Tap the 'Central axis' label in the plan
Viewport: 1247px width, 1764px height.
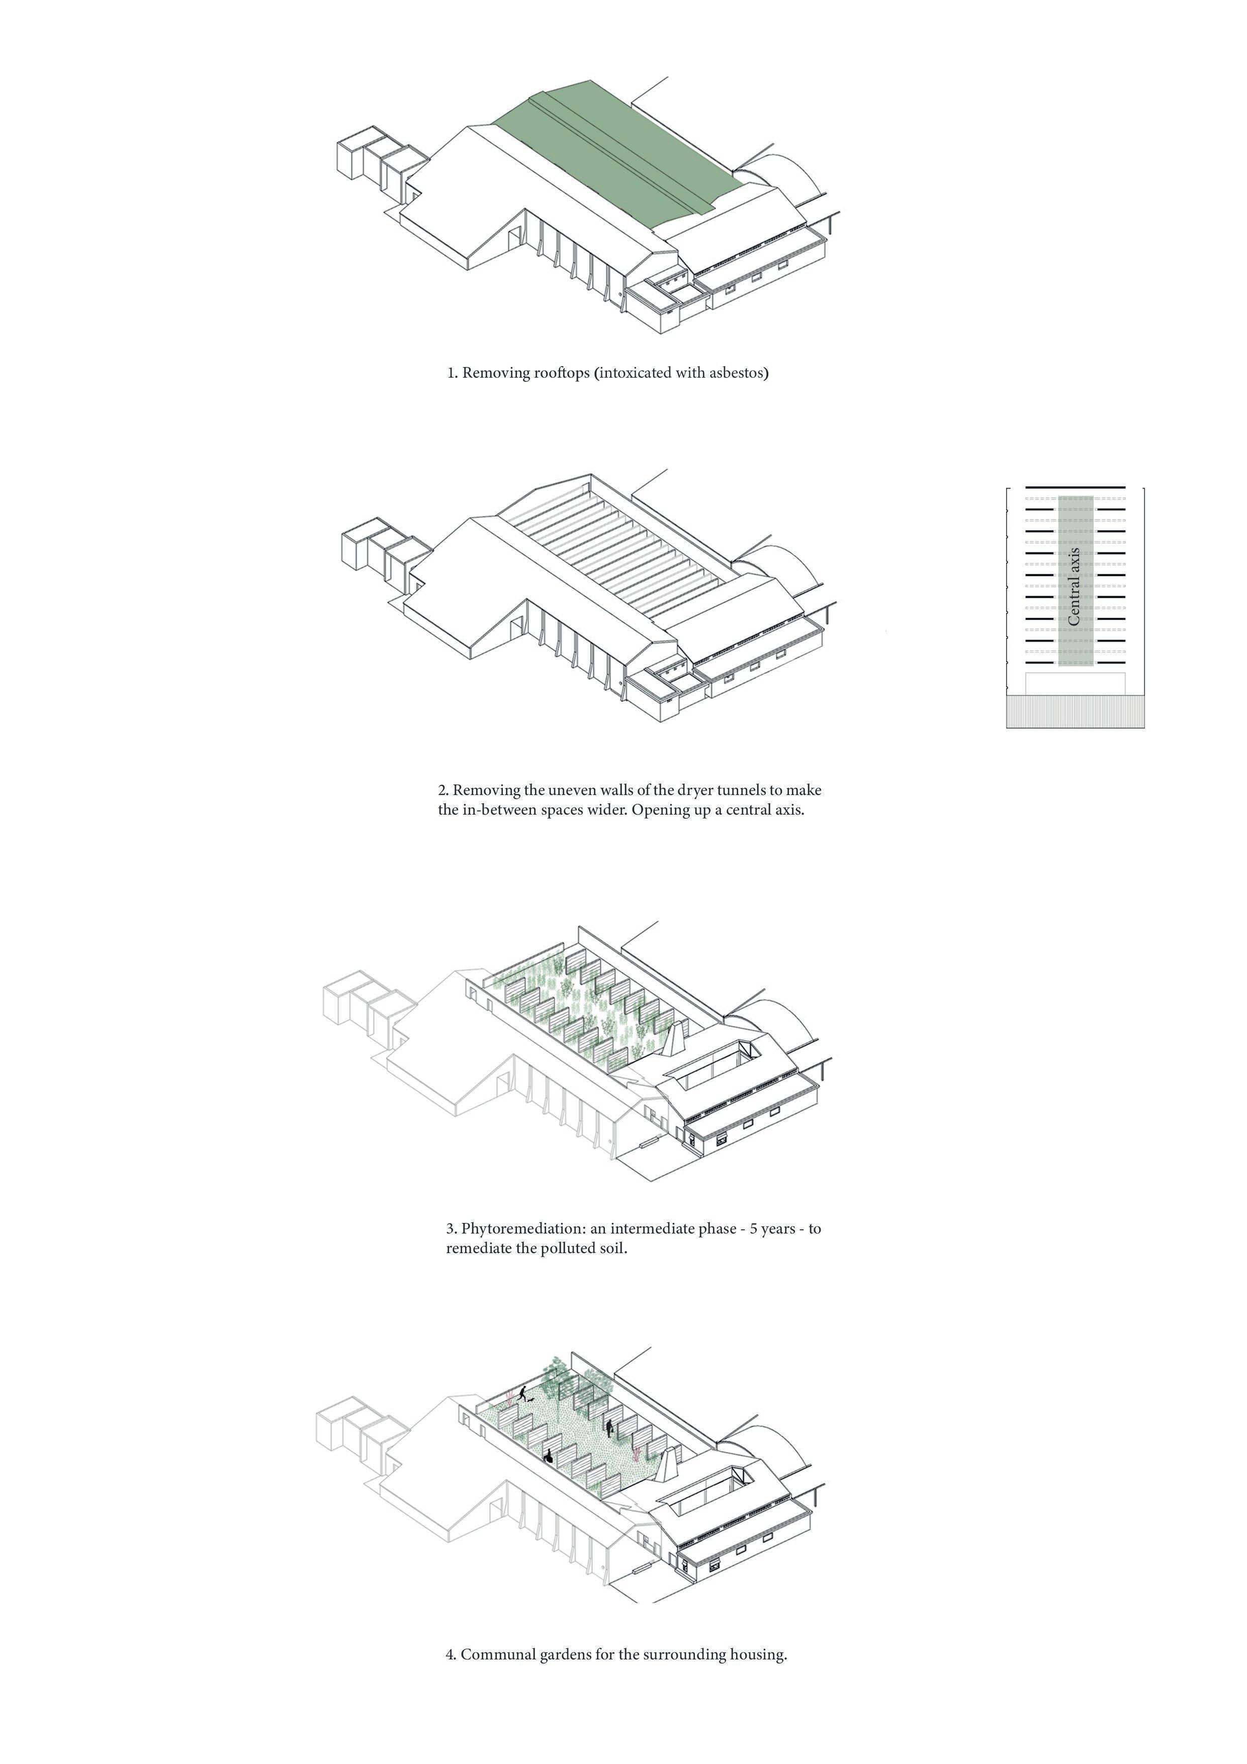point(1074,585)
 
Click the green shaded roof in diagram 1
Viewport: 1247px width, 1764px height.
point(614,154)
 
